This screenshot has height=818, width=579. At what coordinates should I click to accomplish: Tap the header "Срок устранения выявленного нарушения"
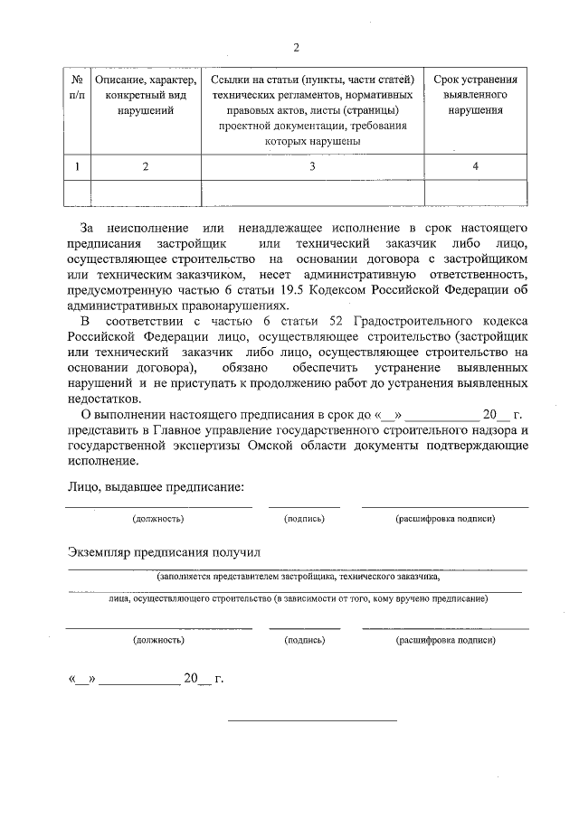click(x=476, y=94)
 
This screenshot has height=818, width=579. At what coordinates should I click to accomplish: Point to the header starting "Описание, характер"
click(x=145, y=94)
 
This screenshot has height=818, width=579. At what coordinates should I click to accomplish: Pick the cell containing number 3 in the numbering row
click(x=312, y=166)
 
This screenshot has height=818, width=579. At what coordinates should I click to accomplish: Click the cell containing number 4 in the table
click(x=476, y=166)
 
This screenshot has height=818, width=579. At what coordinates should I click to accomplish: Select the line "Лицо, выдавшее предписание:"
click(x=155, y=487)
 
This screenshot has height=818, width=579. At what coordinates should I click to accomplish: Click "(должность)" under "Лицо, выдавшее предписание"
click(x=158, y=520)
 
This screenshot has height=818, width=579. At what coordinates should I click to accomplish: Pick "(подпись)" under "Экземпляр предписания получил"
click(x=304, y=639)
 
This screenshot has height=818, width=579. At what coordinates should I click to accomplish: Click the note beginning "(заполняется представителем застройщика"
click(x=298, y=575)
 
